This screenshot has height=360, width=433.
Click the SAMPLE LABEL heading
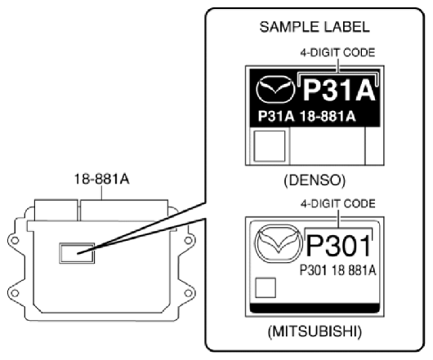click(x=315, y=28)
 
